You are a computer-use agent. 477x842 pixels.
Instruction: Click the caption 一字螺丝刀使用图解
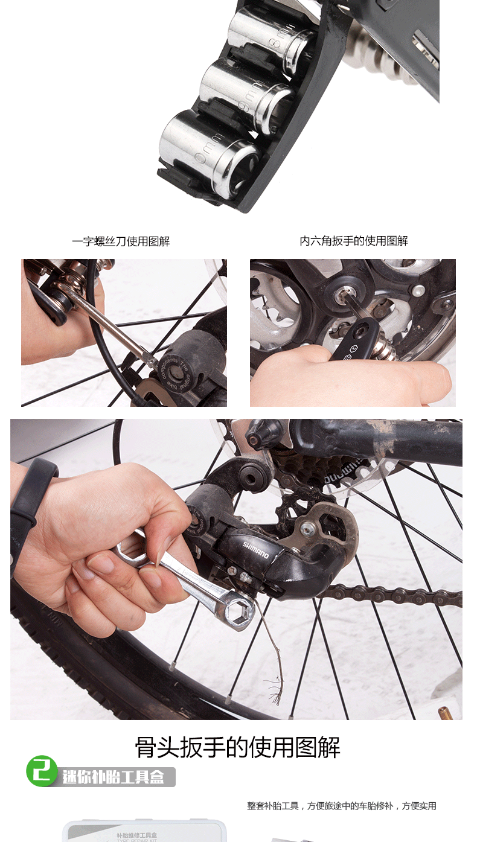click(x=121, y=241)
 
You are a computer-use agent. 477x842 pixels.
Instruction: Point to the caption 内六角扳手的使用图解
click(x=354, y=241)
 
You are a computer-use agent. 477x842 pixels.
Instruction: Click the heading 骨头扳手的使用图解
click(x=238, y=748)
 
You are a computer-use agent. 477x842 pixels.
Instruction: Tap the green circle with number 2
click(x=42, y=771)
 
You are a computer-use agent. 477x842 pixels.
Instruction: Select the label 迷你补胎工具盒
click(x=114, y=777)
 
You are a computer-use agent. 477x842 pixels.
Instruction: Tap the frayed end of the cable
click(x=276, y=694)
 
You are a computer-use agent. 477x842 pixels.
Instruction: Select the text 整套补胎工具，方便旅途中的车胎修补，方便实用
click(x=341, y=806)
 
